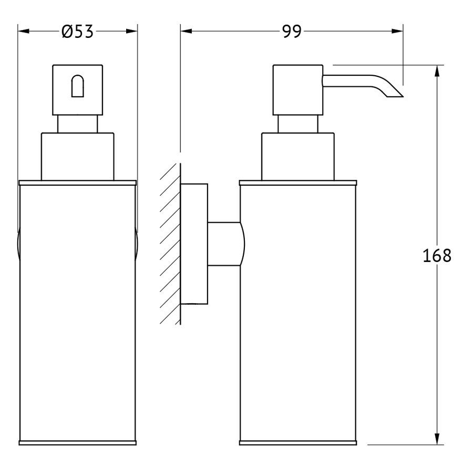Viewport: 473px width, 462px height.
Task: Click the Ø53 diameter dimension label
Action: [78, 32]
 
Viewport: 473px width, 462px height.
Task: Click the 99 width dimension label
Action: [292, 32]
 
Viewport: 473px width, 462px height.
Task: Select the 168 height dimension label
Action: [437, 256]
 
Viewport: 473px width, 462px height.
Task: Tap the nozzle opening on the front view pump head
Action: [78, 86]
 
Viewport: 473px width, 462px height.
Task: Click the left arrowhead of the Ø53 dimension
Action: [24, 31]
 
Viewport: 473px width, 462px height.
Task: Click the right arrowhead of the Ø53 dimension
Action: [132, 31]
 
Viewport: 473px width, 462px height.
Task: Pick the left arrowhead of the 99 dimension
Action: [187, 31]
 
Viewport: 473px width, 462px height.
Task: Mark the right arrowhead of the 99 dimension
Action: [397, 31]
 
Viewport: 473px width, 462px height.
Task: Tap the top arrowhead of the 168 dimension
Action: [437, 71]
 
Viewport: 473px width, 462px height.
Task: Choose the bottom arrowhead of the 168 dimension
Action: [437, 439]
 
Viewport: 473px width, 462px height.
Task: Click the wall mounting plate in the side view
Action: [194, 244]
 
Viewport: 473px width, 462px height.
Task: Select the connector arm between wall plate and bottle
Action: [225, 244]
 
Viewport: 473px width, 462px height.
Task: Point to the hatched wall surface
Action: [170, 244]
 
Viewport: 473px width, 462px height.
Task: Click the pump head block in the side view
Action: [298, 90]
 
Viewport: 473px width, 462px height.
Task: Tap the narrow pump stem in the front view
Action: [78, 124]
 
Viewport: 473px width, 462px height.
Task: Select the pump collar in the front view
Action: [78, 157]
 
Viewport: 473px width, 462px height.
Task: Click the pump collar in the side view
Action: [298, 157]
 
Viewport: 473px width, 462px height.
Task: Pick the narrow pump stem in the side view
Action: [298, 124]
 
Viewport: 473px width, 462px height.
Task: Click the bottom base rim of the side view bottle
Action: [298, 443]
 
